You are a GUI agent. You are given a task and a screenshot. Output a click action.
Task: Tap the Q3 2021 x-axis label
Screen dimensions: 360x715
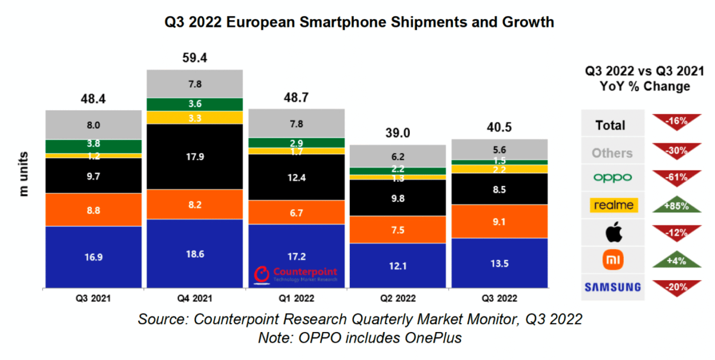pos(94,298)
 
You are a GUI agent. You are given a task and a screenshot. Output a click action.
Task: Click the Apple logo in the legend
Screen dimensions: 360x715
pos(613,232)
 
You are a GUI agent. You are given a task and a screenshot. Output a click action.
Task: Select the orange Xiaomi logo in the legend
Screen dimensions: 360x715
pos(613,259)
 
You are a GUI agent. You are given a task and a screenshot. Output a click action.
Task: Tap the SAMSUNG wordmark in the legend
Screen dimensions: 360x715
pos(613,287)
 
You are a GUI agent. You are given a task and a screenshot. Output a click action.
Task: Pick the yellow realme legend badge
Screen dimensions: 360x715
pos(613,206)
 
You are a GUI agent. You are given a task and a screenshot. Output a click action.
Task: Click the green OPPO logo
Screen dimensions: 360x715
pos(613,178)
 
